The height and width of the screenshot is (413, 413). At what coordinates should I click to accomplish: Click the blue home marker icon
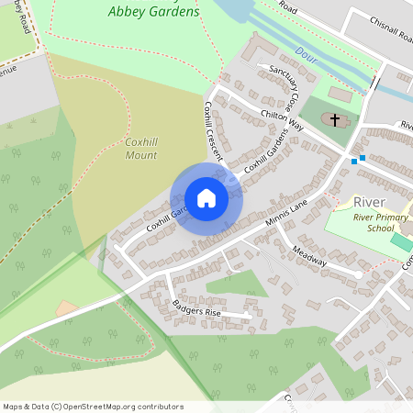coord(206,198)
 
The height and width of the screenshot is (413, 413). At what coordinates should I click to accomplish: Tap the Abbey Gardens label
coord(152,12)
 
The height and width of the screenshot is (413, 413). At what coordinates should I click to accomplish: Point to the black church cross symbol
coord(335,120)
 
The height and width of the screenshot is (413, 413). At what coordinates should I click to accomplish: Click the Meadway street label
coord(310,256)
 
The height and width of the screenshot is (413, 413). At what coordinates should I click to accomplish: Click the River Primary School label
coord(380,223)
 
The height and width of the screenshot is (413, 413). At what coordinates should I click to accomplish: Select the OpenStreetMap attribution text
coord(93,407)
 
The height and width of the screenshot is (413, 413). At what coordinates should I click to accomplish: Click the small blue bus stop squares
coord(358,160)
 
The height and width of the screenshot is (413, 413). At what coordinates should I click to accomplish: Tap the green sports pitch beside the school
coord(401,243)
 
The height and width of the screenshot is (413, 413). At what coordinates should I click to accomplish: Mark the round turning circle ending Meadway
coord(359,273)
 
